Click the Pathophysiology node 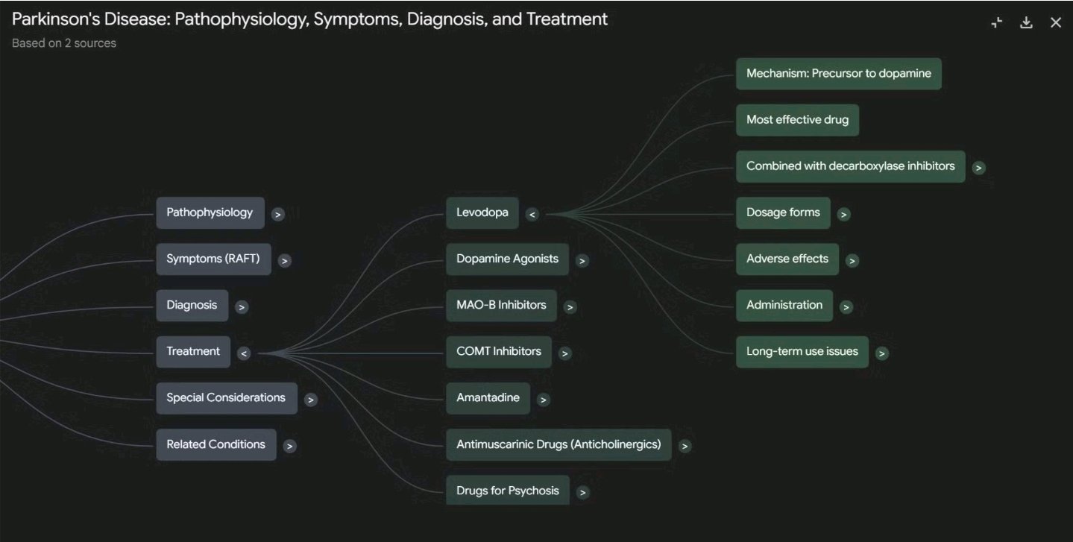tap(210, 212)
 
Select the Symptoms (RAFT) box tap(213, 259)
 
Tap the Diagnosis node tap(192, 305)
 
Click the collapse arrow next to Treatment tap(244, 353)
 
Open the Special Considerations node tap(226, 397)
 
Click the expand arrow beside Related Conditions tap(290, 446)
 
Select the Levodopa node tap(482, 212)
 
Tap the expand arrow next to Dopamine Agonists tap(582, 261)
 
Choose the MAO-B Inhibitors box tap(501, 305)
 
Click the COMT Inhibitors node tap(498, 351)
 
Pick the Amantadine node tap(488, 397)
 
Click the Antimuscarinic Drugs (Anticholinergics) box tap(558, 444)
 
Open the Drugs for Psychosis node tap(507, 491)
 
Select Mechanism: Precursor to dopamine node tap(838, 74)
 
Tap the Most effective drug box tap(797, 119)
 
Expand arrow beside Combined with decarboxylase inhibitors tap(979, 168)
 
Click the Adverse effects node tap(787, 259)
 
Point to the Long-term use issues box tap(802, 351)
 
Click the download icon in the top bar tap(1026, 22)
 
